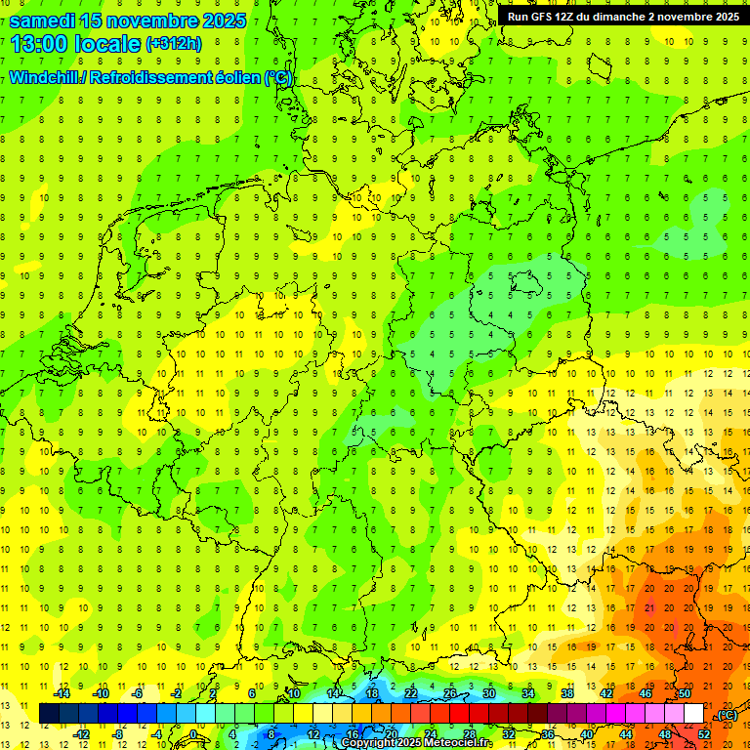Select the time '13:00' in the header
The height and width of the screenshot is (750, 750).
43,44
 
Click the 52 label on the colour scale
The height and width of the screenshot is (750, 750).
704,733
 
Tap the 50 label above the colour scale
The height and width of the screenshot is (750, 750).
685,692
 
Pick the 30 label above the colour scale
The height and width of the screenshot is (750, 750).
489,692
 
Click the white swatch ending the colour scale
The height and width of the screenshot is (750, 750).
694,713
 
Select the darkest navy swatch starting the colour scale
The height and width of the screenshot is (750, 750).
49,713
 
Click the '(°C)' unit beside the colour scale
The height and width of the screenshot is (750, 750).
727,715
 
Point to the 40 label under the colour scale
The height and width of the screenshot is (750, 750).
586,733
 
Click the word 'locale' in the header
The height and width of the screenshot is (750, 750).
108,44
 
